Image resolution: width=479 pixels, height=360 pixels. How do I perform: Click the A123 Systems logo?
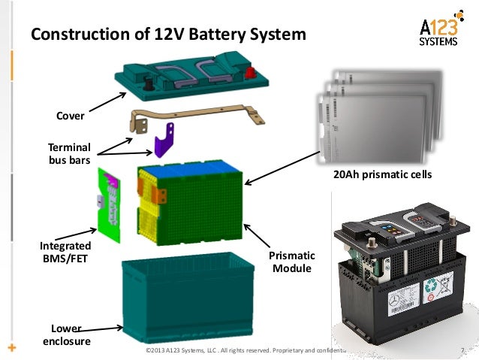[x=436, y=32]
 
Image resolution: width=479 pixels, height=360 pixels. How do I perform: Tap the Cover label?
[x=71, y=116]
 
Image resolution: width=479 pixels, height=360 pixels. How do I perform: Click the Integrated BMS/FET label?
[x=65, y=252]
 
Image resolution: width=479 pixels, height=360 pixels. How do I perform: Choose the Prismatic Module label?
[x=294, y=262]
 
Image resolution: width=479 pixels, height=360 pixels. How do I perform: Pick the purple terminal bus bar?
[x=164, y=143]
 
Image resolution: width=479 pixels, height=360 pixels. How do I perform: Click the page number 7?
[x=459, y=349]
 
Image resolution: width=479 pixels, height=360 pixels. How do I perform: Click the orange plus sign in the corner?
[x=11, y=348]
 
